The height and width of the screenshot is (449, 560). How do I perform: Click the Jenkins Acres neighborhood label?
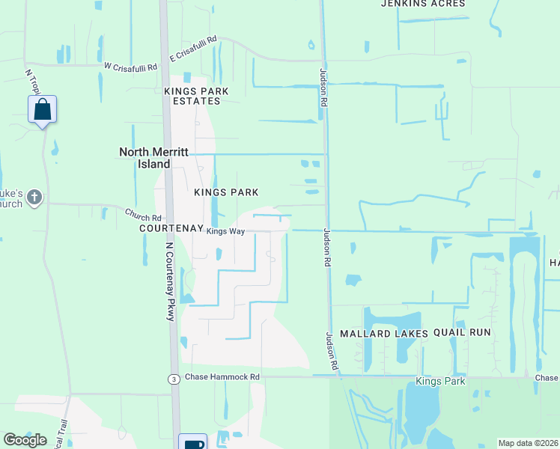423,4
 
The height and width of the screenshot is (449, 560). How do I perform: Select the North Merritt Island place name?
156,158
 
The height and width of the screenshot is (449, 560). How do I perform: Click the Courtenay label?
171,230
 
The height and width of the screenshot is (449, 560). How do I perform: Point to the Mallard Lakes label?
384,333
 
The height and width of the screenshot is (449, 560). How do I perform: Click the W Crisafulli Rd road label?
130,67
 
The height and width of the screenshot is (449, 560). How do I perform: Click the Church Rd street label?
143,216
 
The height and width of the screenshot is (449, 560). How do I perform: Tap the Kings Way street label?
225,232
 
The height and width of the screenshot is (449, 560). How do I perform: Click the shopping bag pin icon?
43,109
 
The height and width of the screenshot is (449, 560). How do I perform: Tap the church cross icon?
34,198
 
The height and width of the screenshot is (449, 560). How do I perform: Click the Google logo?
25,440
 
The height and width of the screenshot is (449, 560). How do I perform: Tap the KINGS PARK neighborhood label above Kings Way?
226,192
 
